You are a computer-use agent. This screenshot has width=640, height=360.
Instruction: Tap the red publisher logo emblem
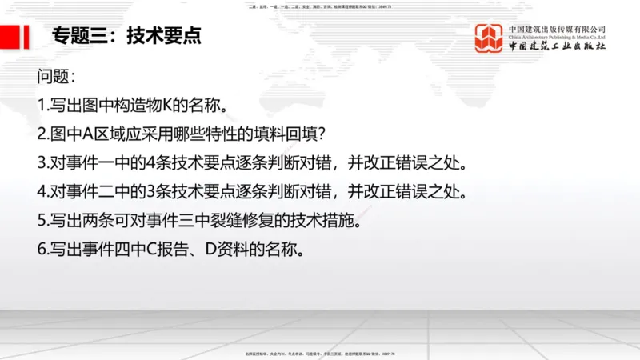489,38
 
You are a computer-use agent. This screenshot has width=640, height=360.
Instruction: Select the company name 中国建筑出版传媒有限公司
557,28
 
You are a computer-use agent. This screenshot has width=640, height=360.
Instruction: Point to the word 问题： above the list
57,78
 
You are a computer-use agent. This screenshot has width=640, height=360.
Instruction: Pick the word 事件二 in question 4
90,192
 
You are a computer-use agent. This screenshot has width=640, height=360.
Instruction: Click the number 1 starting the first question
41,106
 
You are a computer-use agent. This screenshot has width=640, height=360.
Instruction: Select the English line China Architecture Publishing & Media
557,37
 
